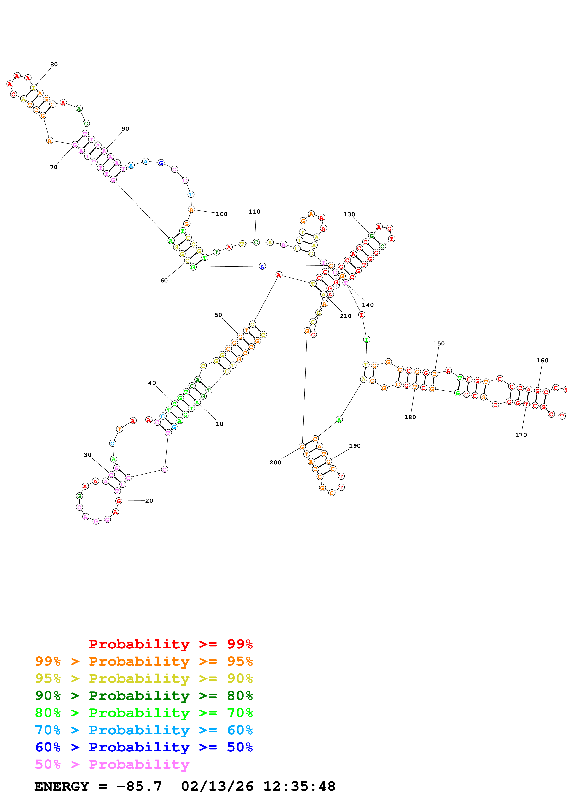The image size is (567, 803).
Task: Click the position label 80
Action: (x=54, y=64)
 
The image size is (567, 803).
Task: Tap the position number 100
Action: (x=221, y=214)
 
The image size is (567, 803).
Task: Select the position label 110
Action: (x=254, y=212)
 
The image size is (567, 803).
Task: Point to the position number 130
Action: (x=349, y=214)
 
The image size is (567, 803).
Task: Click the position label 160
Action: (x=542, y=360)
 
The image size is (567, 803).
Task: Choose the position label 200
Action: (x=275, y=462)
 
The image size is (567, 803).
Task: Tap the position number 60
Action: (x=164, y=280)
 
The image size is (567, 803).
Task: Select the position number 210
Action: (x=346, y=316)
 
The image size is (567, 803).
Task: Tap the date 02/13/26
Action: (x=217, y=786)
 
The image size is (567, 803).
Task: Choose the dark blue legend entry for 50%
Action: (x=144, y=747)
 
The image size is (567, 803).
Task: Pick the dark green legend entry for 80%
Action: (x=144, y=696)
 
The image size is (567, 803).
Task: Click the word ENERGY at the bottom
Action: (x=62, y=786)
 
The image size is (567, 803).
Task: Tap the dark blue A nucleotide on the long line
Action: (x=262, y=266)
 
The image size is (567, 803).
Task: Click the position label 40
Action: (x=152, y=383)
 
